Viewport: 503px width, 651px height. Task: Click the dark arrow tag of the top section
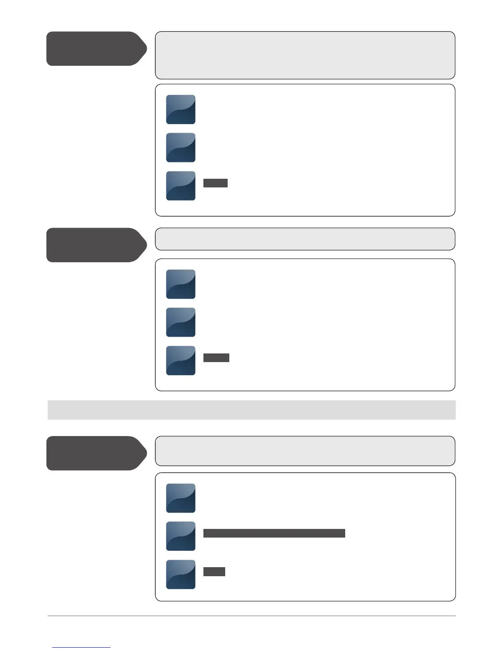coord(95,48)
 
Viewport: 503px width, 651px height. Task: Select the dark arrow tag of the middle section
coord(95,245)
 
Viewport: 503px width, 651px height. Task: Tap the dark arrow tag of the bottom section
coord(95,453)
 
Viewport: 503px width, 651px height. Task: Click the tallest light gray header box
coord(305,55)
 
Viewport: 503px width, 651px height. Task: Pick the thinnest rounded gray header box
coord(305,239)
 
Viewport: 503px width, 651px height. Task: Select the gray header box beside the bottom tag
coord(305,451)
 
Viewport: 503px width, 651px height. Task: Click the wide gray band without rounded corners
coord(251,410)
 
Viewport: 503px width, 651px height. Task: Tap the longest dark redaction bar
coord(274,533)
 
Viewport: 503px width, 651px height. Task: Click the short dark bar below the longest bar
coord(214,572)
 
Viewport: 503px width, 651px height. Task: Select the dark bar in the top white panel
coord(215,183)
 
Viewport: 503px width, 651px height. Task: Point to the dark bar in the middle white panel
coord(216,358)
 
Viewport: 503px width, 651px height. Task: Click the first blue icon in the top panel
coord(181,110)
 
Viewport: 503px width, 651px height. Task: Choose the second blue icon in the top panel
coord(181,148)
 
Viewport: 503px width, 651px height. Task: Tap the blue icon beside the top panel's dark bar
coord(181,186)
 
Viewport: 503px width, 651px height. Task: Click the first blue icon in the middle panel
coord(181,284)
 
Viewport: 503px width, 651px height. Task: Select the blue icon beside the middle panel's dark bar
coord(181,360)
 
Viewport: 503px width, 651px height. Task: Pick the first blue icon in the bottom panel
coord(181,498)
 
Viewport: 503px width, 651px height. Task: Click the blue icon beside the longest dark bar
coord(181,536)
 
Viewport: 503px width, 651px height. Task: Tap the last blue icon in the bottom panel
coord(181,575)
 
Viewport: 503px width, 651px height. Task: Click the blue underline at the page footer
coord(81,647)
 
